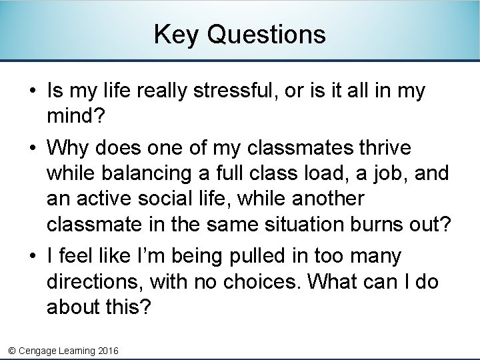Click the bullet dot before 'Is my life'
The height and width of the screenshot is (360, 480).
31,91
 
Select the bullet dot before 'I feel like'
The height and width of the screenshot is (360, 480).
31,257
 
